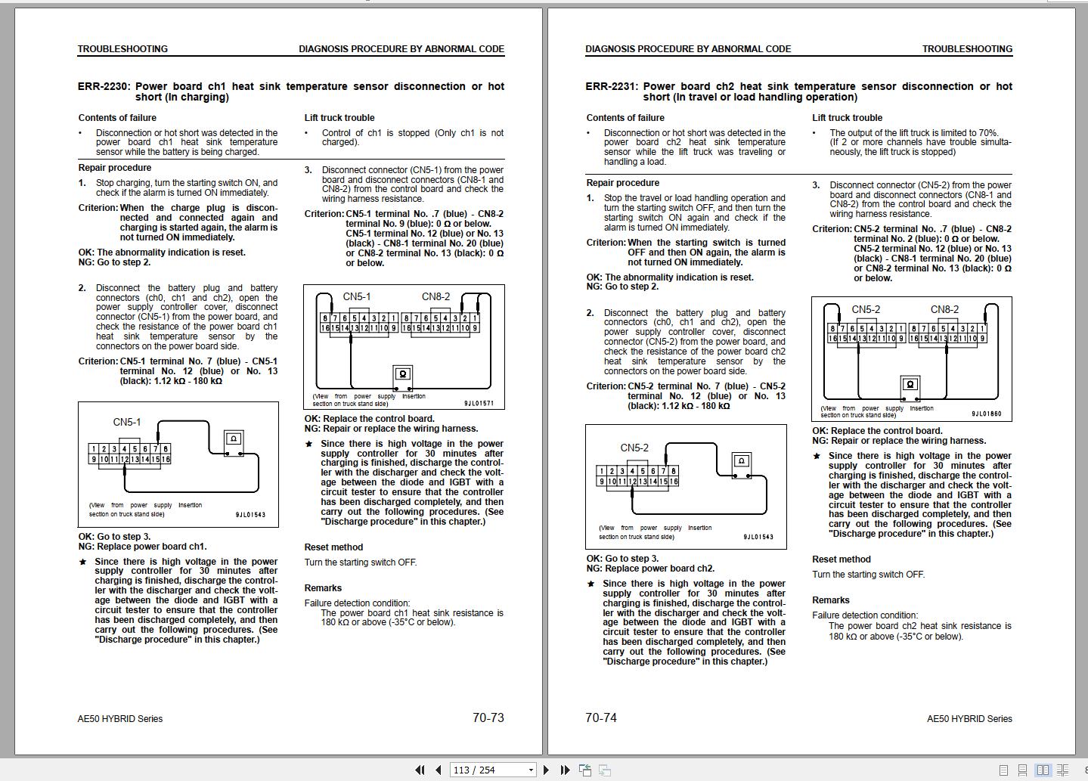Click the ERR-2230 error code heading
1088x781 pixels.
pyautogui.click(x=104, y=86)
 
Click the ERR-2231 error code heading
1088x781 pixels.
pyautogui.click(x=612, y=86)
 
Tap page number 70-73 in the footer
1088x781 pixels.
pyautogui.click(x=488, y=717)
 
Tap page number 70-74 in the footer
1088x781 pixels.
pyautogui.click(x=601, y=717)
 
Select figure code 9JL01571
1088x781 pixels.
pyautogui.click(x=479, y=404)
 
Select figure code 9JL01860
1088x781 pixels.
pyautogui.click(x=987, y=414)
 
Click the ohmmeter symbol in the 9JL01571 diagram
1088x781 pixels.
pyautogui.click(x=402, y=374)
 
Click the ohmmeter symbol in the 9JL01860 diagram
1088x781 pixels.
pyautogui.click(x=910, y=385)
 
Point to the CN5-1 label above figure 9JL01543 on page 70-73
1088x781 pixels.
pyautogui.click(x=127, y=422)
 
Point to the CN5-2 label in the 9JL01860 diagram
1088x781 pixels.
pyautogui.click(x=866, y=309)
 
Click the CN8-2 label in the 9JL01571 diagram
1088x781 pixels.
pyautogui.click(x=436, y=296)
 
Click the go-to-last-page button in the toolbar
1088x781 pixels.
pyautogui.click(x=564, y=770)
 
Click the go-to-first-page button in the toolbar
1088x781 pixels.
pyautogui.click(x=420, y=770)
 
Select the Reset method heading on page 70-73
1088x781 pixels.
pyautogui.click(x=333, y=547)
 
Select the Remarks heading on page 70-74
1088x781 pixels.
pyautogui.click(x=831, y=600)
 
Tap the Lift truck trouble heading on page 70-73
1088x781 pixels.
pyautogui.click(x=339, y=118)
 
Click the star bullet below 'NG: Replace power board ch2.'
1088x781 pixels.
pyautogui.click(x=590, y=584)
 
